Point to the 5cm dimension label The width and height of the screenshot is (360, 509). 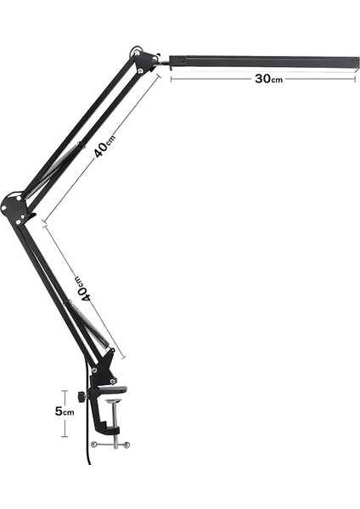(65, 411)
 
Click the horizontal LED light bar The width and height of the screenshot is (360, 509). (263, 61)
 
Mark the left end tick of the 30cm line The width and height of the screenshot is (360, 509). (171, 78)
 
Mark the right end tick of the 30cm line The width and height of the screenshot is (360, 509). (357, 78)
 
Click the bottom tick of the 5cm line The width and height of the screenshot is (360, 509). (65, 436)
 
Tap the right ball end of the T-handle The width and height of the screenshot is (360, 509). (127, 444)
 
